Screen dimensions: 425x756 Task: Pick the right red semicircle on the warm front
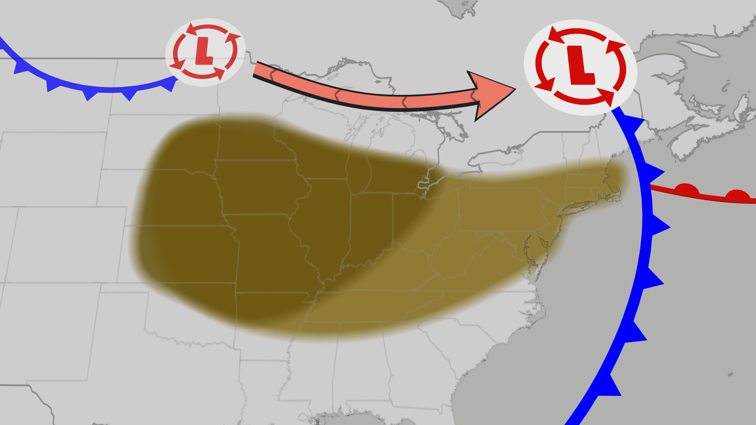point(737,195)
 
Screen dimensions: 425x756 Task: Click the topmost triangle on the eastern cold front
point(635,124)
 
